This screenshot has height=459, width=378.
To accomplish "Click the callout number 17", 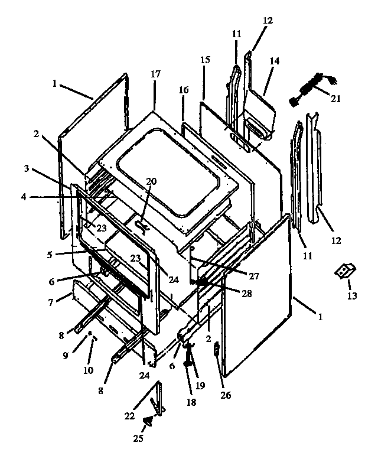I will click(155, 75).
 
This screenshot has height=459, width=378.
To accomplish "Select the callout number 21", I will click(335, 99).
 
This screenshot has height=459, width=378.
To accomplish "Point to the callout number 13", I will click(352, 295).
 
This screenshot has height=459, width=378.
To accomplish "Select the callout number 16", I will click(184, 89).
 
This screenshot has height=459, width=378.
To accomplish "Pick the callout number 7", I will click(51, 302).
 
